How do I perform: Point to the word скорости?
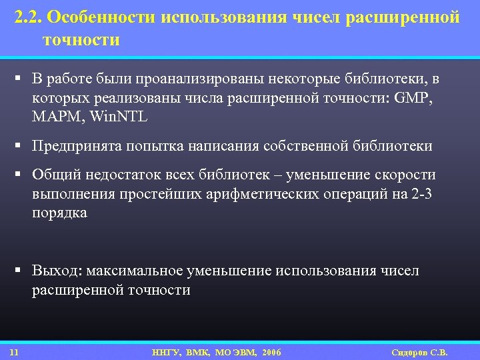click(404, 175)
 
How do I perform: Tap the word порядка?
click(59, 212)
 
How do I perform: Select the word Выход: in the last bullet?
click(55, 271)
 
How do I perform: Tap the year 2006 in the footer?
click(272, 352)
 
